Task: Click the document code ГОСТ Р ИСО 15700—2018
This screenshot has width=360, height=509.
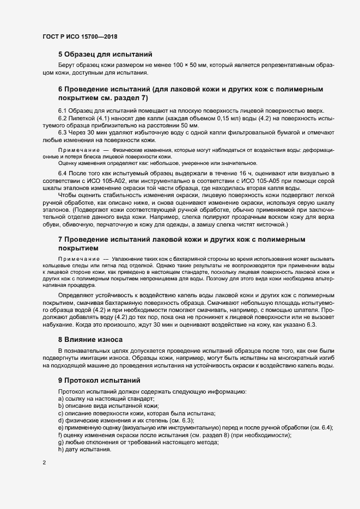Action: (x=80, y=36)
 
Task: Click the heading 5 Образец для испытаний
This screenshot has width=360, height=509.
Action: (x=105, y=54)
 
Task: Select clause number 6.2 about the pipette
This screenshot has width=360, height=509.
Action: (x=63, y=117)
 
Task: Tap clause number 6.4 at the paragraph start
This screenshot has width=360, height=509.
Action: (x=63, y=172)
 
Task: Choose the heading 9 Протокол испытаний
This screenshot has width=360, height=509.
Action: (x=99, y=381)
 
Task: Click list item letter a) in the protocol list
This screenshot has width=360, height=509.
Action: (x=61, y=399)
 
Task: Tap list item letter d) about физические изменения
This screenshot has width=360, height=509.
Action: (x=61, y=421)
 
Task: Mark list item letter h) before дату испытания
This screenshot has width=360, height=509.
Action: (x=61, y=450)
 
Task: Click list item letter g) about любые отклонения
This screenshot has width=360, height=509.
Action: (x=61, y=443)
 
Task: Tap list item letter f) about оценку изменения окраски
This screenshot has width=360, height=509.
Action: (x=60, y=436)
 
